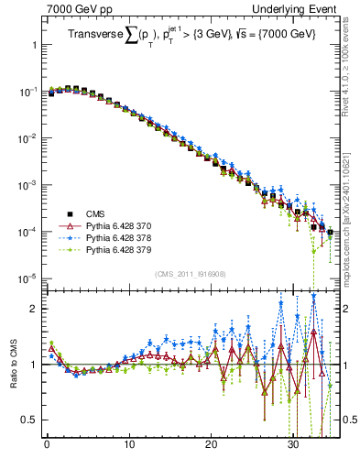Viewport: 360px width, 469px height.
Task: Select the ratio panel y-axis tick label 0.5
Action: click(x=29, y=420)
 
